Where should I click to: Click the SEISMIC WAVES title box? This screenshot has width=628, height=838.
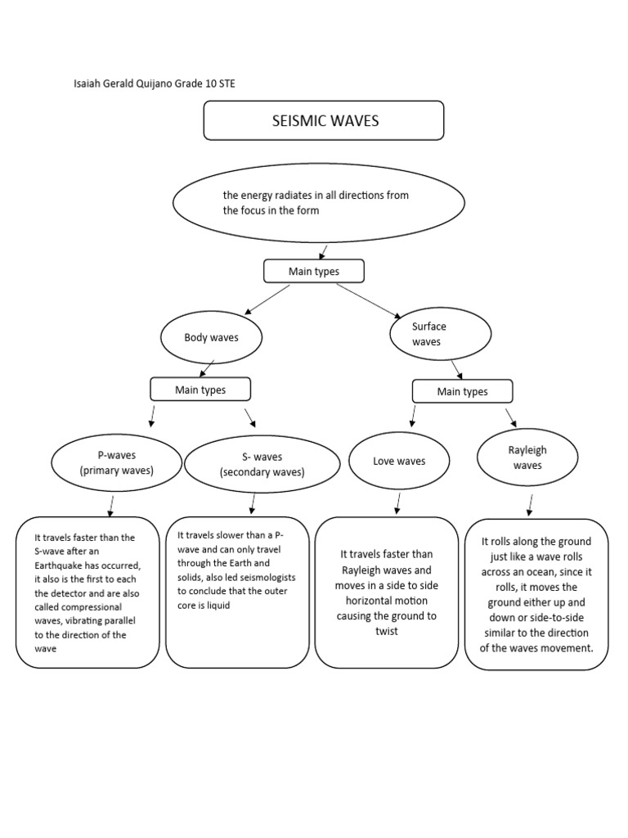(x=323, y=121)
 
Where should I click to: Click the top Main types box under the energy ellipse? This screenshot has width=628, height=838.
(x=313, y=271)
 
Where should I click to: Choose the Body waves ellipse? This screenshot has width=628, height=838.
(x=211, y=337)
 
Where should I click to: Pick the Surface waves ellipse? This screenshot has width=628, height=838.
(x=440, y=334)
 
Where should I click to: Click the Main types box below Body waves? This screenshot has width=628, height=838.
(x=200, y=390)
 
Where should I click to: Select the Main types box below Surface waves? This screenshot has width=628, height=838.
(x=462, y=391)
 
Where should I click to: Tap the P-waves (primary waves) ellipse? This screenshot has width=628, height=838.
(x=116, y=463)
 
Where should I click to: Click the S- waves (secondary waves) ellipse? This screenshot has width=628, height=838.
(x=262, y=464)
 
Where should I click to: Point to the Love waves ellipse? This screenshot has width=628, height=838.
(x=399, y=461)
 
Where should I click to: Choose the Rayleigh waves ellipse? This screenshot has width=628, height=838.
(x=527, y=457)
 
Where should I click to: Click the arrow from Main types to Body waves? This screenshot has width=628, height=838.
(x=267, y=300)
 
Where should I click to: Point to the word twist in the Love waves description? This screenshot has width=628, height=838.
(x=387, y=632)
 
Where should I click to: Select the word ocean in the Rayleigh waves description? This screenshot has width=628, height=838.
(x=546, y=572)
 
